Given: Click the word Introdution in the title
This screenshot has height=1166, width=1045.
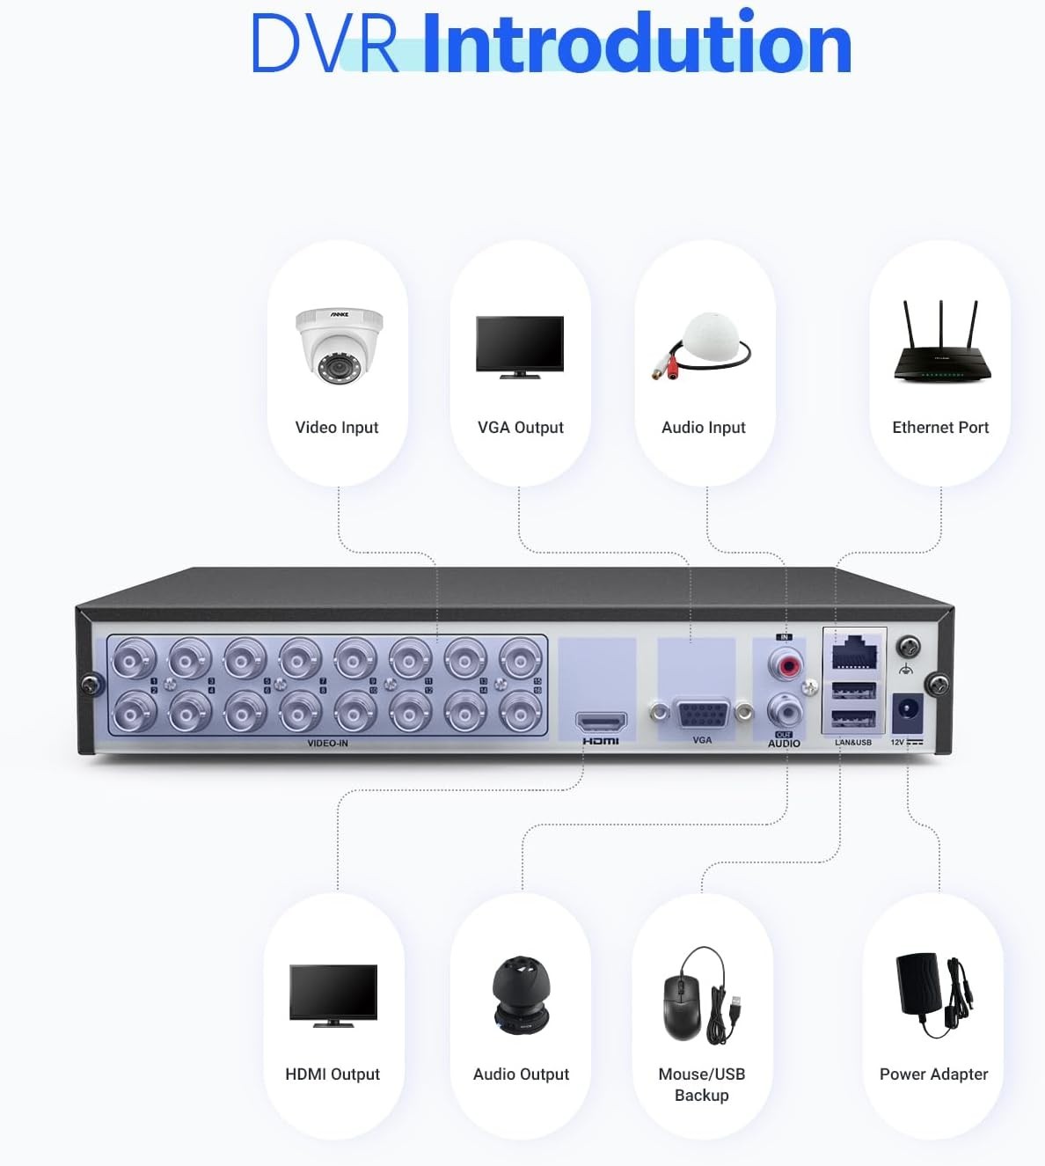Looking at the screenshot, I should tap(636, 44).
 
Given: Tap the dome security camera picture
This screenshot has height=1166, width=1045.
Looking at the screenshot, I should tap(339, 345).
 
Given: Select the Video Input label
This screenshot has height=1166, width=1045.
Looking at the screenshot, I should tap(336, 428).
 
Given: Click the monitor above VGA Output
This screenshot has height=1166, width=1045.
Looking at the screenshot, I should tap(520, 346).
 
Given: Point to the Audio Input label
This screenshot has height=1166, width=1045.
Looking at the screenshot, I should tap(703, 428).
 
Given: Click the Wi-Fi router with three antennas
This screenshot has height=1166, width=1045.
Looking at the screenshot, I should tap(941, 345).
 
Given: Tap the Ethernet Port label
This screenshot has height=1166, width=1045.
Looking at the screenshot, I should tap(940, 428).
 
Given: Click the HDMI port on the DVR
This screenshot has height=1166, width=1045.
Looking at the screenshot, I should tap(601, 722).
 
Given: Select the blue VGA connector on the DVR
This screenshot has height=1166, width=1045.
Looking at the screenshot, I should tap(701, 712).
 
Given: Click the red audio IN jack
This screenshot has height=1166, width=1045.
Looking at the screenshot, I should tap(785, 663).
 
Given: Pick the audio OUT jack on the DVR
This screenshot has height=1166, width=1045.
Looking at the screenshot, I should tap(785, 708).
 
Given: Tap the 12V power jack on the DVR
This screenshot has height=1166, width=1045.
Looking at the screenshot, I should tap(907, 711).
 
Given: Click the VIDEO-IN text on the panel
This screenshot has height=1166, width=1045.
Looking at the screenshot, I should tap(327, 744).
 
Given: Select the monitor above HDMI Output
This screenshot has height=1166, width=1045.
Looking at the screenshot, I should tap(333, 995).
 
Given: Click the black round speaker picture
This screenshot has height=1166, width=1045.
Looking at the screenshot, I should tap(521, 994).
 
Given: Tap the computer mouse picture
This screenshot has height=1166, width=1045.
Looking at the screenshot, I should tap(682, 1007).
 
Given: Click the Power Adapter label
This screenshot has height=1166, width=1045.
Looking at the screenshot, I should tap(933, 1074).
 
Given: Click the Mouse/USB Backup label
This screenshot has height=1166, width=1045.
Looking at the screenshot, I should tap(701, 1084).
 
